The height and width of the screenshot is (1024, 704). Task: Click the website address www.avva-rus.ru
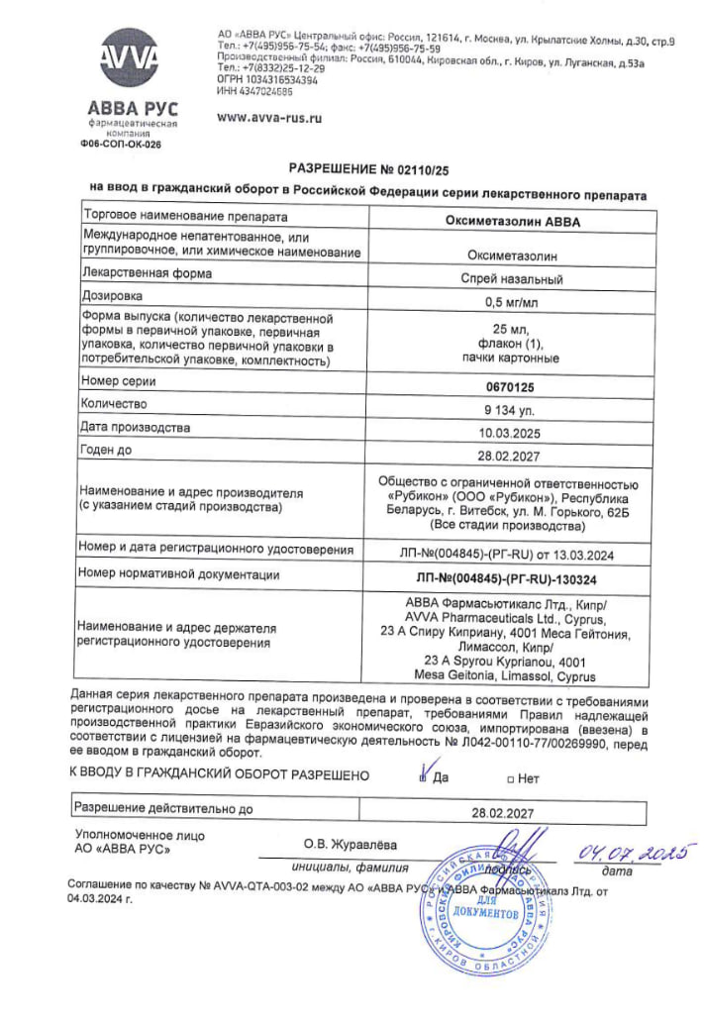pyautogui.click(x=270, y=117)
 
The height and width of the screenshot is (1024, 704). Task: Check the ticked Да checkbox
pyautogui.click(x=423, y=776)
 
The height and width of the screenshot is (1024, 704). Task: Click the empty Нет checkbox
pyautogui.click(x=510, y=778)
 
